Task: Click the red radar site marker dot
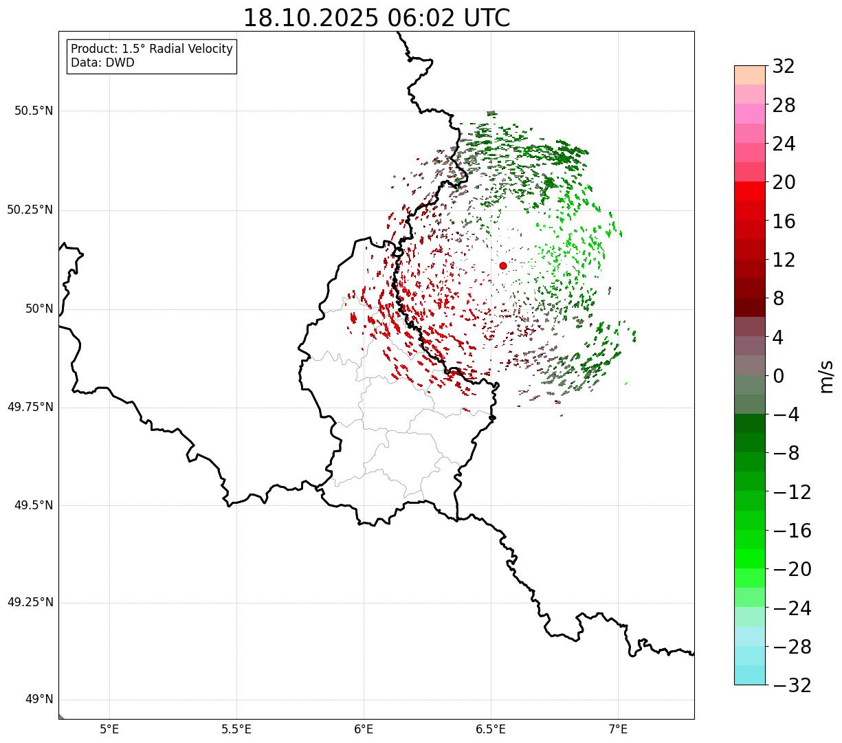click(x=503, y=265)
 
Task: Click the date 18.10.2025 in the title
click(x=310, y=18)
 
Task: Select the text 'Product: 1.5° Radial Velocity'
click(x=152, y=49)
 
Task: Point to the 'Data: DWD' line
click(x=102, y=63)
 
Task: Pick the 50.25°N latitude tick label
click(x=30, y=210)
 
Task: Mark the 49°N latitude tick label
click(x=38, y=700)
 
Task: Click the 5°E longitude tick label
click(x=109, y=729)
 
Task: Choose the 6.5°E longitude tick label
click(x=491, y=729)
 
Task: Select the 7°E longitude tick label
click(x=618, y=729)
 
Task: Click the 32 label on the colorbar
click(x=784, y=67)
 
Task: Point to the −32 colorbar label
click(x=792, y=685)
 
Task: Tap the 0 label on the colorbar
click(x=779, y=376)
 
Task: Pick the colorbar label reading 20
click(x=784, y=183)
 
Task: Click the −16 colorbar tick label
click(x=792, y=531)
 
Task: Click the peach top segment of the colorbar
click(x=750, y=74)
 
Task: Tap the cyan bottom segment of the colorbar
click(x=750, y=675)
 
